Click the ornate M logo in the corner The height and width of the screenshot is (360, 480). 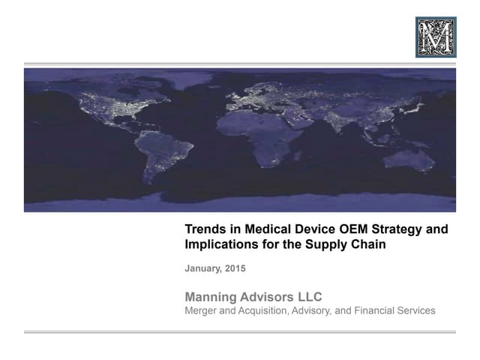(x=436, y=37)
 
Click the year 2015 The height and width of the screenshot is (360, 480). (x=235, y=268)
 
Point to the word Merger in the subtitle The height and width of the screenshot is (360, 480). (x=202, y=310)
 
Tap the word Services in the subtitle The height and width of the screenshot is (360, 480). (x=416, y=310)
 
